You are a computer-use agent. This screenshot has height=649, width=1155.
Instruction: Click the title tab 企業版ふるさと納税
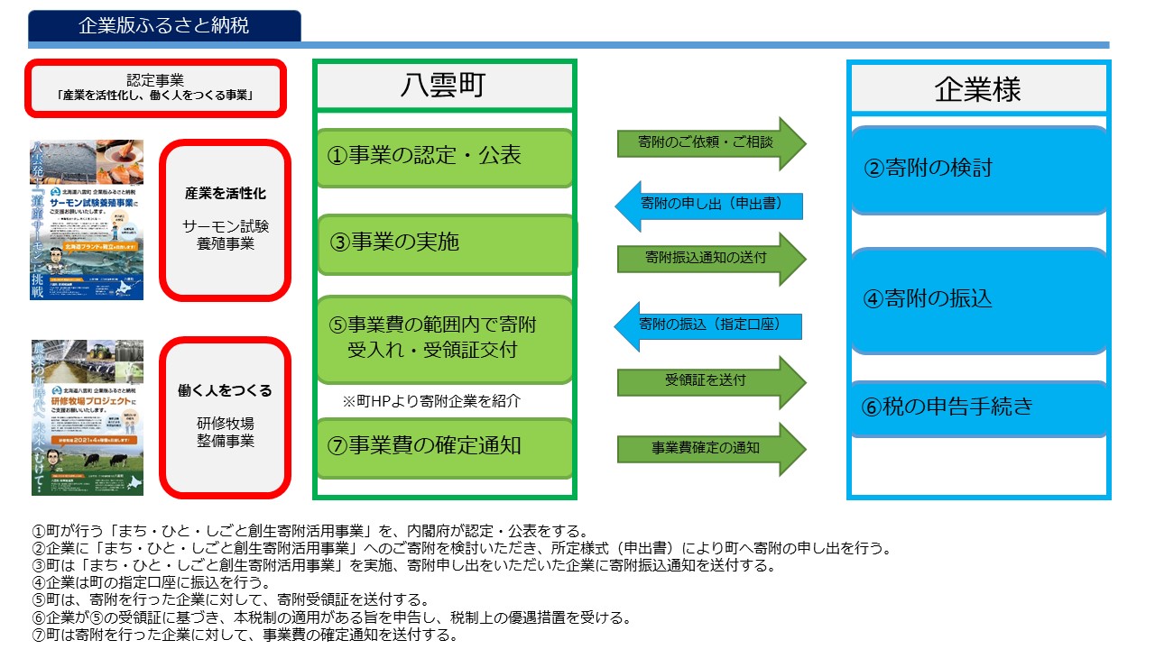point(164,26)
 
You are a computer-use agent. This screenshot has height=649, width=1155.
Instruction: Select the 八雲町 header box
point(443,86)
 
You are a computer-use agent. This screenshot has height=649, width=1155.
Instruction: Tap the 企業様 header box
point(978,89)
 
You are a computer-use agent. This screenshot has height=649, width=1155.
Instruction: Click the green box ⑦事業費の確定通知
point(444,445)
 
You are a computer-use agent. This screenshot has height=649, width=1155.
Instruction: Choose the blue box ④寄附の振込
point(978,299)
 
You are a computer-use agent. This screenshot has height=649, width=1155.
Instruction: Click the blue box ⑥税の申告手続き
point(978,407)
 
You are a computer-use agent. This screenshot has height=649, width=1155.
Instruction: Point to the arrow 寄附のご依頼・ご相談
point(709,143)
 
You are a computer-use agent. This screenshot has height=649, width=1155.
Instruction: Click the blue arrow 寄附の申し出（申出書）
point(709,205)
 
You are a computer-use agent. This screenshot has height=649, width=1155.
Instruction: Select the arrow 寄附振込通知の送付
point(709,258)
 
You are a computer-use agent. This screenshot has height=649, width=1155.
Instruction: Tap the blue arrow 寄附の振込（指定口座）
point(709,323)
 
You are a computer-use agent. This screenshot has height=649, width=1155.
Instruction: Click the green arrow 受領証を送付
point(709,380)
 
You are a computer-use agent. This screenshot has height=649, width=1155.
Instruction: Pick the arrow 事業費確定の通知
point(709,448)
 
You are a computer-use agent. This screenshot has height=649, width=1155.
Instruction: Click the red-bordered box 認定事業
point(155,87)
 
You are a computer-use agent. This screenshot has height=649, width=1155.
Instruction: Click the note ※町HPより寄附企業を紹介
point(431,401)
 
